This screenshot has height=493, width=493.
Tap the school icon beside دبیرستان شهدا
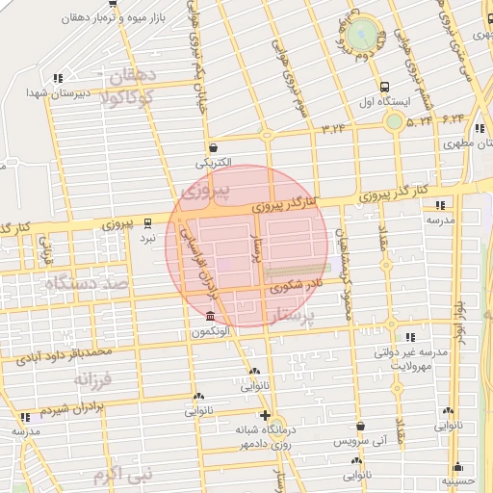point(59,78)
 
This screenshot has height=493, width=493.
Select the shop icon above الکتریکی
point(212,148)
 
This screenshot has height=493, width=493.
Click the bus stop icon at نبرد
point(147,221)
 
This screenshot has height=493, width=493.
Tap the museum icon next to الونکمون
point(210,317)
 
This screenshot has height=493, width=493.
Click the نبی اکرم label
point(123,475)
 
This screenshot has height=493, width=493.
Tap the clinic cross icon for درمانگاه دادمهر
point(266,416)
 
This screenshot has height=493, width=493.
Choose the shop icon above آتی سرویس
point(360,426)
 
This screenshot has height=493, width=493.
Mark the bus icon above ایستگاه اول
point(384,86)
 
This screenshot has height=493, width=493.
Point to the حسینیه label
point(458,479)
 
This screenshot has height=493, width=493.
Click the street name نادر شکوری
point(294,285)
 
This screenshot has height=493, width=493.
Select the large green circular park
point(362,34)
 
